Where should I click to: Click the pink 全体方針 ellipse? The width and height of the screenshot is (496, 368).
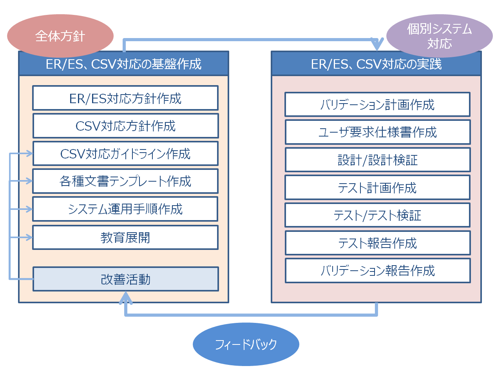pyautogui.click(x=60, y=36)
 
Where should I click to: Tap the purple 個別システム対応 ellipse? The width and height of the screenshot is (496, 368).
pyautogui.click(x=439, y=36)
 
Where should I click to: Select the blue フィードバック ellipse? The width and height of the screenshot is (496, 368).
pyautogui.click(x=246, y=344)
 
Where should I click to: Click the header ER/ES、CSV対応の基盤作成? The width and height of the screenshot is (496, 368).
pyautogui.click(x=123, y=64)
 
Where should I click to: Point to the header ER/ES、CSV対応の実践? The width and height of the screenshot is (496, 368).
pyautogui.click(x=376, y=64)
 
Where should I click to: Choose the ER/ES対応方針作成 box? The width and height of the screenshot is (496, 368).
pyautogui.click(x=125, y=98)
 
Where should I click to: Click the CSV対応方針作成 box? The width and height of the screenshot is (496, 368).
pyautogui.click(x=125, y=126)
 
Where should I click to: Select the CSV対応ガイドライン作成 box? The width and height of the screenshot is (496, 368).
pyautogui.click(x=125, y=153)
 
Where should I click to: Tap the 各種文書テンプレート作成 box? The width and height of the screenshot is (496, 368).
pyautogui.click(x=125, y=181)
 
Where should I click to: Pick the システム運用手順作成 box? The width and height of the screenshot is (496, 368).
pyautogui.click(x=125, y=209)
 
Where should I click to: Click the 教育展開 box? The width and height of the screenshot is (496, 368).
pyautogui.click(x=125, y=237)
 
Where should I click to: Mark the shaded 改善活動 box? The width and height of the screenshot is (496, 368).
pyautogui.click(x=125, y=279)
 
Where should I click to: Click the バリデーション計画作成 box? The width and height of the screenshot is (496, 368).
pyautogui.click(x=377, y=105)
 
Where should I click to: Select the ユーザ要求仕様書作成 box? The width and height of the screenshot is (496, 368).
pyautogui.click(x=377, y=132)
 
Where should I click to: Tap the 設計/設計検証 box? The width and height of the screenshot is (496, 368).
pyautogui.click(x=377, y=160)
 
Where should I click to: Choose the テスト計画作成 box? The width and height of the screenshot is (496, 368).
pyautogui.click(x=377, y=188)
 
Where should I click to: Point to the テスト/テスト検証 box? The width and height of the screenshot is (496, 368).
pyautogui.click(x=377, y=215)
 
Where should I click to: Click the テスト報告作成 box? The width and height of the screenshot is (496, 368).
pyautogui.click(x=377, y=243)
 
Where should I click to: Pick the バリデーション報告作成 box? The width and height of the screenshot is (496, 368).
pyautogui.click(x=377, y=271)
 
